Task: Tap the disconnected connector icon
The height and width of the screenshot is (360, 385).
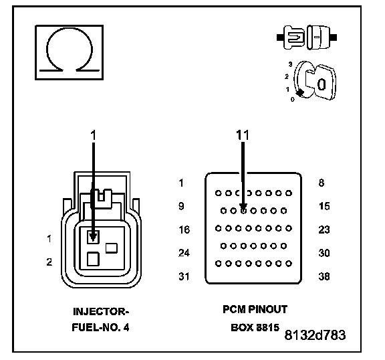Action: (307, 37)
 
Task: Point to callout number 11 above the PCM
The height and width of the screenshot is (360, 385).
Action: (243, 135)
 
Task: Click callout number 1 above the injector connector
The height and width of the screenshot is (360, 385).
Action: (94, 135)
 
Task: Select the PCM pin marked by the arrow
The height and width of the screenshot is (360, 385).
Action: (243, 211)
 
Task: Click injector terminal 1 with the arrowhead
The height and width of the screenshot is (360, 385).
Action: (93, 237)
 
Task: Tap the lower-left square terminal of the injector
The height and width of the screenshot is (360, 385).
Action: (93, 259)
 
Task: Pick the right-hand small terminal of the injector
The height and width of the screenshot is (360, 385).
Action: (112, 248)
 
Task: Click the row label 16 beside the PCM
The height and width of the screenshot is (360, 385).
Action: (184, 230)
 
